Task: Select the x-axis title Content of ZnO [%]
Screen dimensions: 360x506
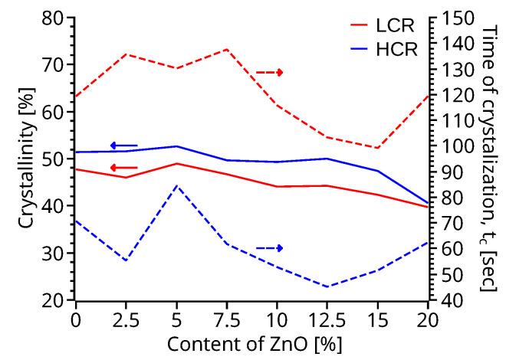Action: click(251, 343)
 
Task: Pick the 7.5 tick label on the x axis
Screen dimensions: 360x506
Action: click(227, 318)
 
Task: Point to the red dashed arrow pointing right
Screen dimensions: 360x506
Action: click(270, 72)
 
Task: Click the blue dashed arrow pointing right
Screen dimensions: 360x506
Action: click(270, 248)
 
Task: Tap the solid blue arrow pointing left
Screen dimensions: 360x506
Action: click(123, 146)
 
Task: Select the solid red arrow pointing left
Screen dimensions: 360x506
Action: click(123, 168)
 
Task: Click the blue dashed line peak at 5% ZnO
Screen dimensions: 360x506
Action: click(176, 185)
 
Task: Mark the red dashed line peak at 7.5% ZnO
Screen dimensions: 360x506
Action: click(227, 49)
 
